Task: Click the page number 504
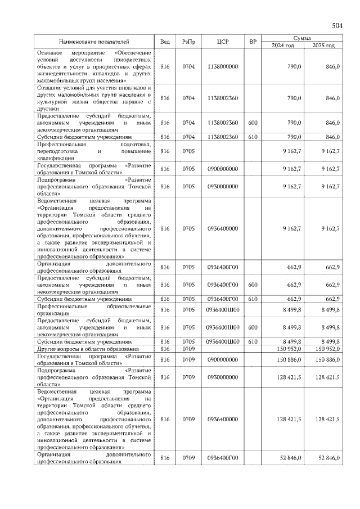coord(337,26)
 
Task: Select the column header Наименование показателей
coord(94,42)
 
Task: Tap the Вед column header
coord(165,42)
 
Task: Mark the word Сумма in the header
coord(303,37)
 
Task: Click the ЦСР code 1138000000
coord(223,66)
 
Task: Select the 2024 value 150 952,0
coord(288,349)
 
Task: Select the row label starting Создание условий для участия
coord(94,98)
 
